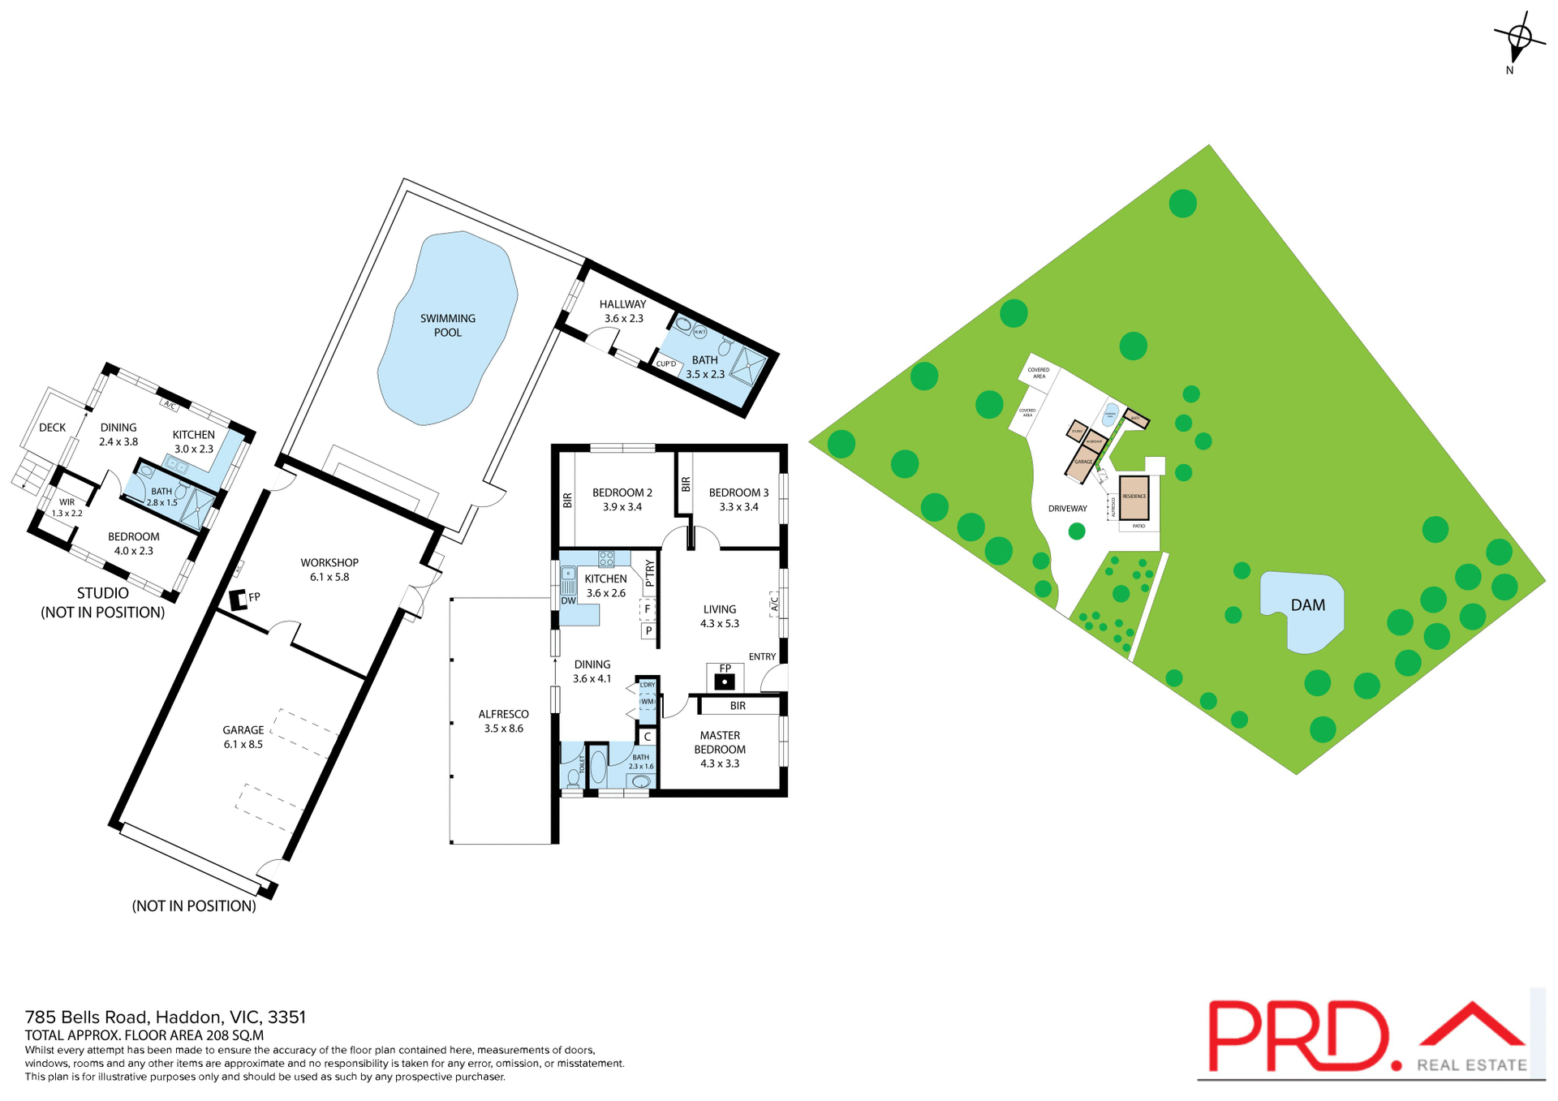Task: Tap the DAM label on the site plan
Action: click(x=1307, y=605)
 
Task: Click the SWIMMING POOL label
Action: click(x=447, y=325)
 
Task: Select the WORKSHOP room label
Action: click(x=329, y=570)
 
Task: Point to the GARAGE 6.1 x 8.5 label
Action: click(x=243, y=737)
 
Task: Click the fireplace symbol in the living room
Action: click(x=725, y=682)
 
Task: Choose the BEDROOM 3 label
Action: click(x=738, y=499)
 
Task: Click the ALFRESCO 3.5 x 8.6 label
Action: click(x=503, y=721)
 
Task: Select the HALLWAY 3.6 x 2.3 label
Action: click(x=622, y=312)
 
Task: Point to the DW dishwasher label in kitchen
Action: click(x=568, y=601)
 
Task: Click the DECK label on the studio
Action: click(x=53, y=428)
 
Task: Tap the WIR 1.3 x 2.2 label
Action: click(x=67, y=508)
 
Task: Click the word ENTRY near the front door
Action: click(x=762, y=656)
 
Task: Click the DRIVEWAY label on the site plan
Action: click(x=1067, y=509)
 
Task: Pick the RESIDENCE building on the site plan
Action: click(x=1134, y=497)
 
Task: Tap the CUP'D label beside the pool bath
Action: click(x=665, y=363)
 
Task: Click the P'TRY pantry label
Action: click(x=649, y=573)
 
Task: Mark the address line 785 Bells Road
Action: click(x=165, y=1017)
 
